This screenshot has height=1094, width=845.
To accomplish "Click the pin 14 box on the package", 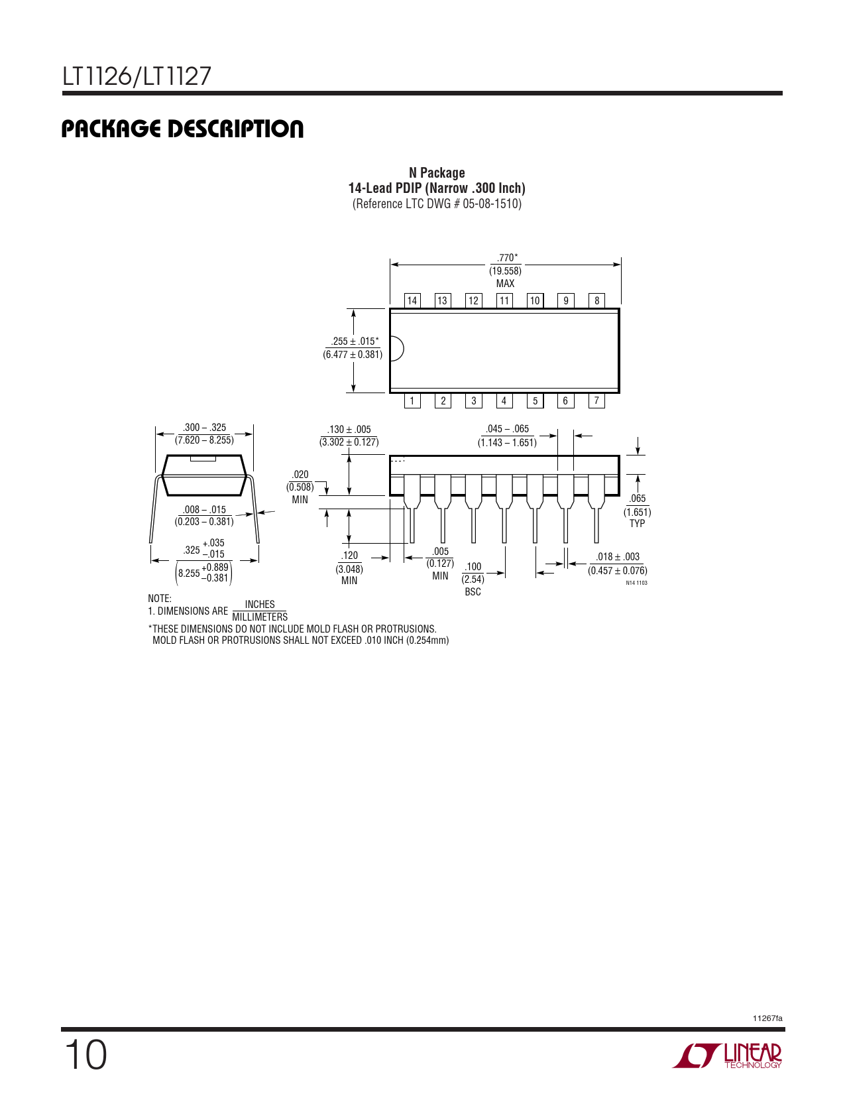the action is coord(412,300).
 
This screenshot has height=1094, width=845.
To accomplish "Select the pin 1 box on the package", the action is coord(412,400).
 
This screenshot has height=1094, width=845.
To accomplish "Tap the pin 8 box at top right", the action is coord(596,300).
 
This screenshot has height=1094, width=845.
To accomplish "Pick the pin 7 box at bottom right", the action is coord(596,400).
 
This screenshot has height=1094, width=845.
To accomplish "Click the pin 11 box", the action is coord(504,300).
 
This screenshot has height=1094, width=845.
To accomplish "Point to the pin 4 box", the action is coord(504,400).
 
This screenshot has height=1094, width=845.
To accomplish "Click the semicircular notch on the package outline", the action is coord(397,348).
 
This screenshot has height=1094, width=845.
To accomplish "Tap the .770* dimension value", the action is coord(507,258).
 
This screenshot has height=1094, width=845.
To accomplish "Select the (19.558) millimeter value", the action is coord(505,271).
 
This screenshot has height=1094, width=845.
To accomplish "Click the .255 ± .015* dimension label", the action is coord(355,341).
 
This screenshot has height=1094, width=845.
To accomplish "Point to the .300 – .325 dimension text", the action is coord(204,428).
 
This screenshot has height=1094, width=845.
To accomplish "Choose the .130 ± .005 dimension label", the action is coord(349,430).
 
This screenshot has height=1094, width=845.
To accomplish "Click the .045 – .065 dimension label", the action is coord(507,429).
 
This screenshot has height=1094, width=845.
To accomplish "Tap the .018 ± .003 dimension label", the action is coord(618,557).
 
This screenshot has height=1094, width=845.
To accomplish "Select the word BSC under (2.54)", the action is coord(473,592).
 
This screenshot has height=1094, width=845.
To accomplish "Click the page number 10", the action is coord(85,1056).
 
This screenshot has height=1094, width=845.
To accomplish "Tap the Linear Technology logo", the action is coord(727,1055).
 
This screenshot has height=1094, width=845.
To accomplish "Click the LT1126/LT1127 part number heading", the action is coord(137,76).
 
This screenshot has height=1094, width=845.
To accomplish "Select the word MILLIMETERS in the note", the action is coord(260,617).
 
